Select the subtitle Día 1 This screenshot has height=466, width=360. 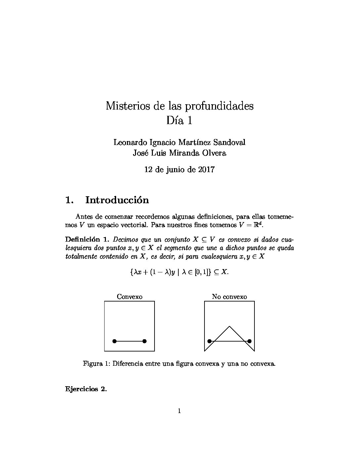pos(179,120)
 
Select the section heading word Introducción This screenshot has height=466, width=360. pos(117,200)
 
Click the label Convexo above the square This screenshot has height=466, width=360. pos(129,297)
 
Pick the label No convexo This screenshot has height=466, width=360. pos(229,297)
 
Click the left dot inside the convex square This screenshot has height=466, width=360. pos(114,341)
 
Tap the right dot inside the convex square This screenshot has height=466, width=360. pos(144,341)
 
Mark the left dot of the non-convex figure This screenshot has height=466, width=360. pos(209,341)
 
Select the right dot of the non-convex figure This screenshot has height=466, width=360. pos(249,341)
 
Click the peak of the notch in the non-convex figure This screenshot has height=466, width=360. pos(229,327)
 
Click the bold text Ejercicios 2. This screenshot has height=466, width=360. pos(86,389)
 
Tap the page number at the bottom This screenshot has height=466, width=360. pos(179,411)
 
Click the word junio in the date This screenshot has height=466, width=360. pos(175,170)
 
